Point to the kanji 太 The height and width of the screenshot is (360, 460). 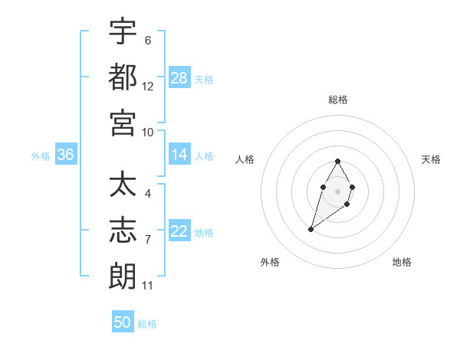click(x=123, y=186)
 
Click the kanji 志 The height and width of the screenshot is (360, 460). click(x=123, y=231)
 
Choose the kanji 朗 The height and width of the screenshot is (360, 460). click(x=123, y=276)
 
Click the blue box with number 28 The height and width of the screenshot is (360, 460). click(x=179, y=78)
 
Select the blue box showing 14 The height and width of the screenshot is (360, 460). click(x=179, y=155)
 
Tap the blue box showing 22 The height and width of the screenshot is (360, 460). click(x=179, y=232)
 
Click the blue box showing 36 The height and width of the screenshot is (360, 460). click(x=66, y=155)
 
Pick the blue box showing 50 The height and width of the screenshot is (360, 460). click(x=123, y=322)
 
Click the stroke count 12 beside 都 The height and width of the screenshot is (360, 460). click(x=148, y=87)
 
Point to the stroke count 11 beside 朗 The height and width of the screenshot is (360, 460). click(x=148, y=286)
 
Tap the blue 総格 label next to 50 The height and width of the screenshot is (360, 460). click(x=147, y=324)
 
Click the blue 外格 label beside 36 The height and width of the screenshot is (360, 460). click(x=41, y=156)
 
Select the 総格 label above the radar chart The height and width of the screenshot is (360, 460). click(x=338, y=100)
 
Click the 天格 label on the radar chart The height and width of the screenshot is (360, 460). click(x=431, y=159)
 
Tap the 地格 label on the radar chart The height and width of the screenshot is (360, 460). click(x=402, y=262)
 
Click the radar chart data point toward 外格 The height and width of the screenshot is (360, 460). click(x=310, y=229)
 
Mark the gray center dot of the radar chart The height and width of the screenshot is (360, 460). click(x=338, y=191)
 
